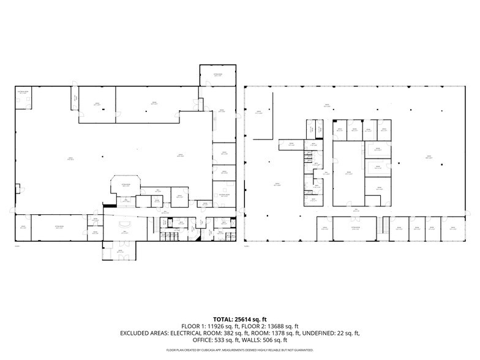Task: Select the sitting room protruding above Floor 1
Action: tap(217, 75)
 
